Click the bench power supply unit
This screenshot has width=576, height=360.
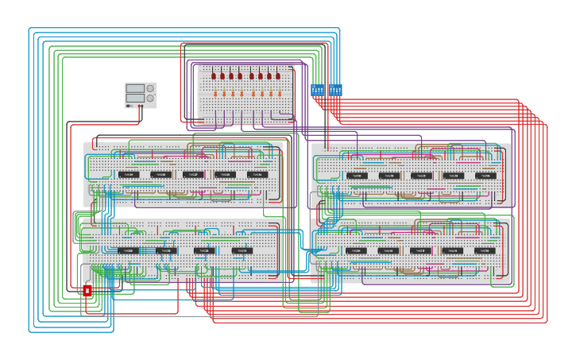[x=141, y=95]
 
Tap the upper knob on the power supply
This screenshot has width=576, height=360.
[x=150, y=88]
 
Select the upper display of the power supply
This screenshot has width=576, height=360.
[x=135, y=88]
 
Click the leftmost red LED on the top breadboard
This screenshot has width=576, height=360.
[x=214, y=76]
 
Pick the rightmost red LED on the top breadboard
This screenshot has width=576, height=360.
[x=279, y=76]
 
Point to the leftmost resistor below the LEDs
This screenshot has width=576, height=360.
[x=214, y=94]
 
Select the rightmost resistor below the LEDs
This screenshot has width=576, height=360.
[x=279, y=94]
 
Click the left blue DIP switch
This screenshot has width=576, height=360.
[x=317, y=90]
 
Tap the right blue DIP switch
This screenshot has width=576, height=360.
[x=335, y=90]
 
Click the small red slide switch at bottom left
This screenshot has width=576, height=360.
[x=87, y=291]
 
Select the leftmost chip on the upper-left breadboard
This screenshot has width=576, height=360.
[x=129, y=174]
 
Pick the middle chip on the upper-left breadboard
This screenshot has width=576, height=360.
[x=193, y=174]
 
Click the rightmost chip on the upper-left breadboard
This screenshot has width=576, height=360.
[x=257, y=174]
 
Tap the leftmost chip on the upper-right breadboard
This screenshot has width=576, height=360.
[x=357, y=176]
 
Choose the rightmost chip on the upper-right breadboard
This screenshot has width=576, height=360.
[x=485, y=176]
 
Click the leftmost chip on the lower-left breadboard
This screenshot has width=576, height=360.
[x=128, y=250]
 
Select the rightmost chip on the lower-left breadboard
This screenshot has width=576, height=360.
[x=242, y=250]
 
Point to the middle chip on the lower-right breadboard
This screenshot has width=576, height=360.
[x=420, y=251]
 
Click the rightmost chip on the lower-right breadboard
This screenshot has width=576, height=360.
[x=485, y=251]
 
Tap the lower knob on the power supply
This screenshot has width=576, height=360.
[x=150, y=99]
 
